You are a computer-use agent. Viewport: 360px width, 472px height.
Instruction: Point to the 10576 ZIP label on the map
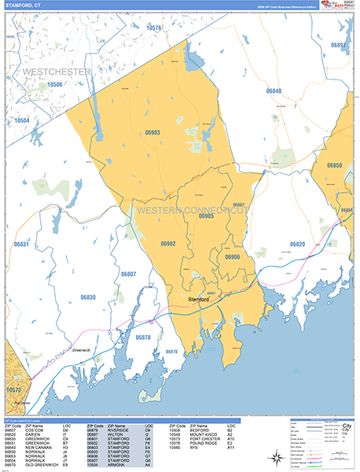click(153, 28)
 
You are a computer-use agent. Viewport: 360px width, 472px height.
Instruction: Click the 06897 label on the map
click(338, 46)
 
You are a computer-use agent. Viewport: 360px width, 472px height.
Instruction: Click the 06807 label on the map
click(129, 274)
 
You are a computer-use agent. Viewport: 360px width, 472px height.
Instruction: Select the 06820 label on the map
click(296, 245)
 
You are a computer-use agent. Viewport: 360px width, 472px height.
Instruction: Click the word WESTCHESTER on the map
click(57, 72)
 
